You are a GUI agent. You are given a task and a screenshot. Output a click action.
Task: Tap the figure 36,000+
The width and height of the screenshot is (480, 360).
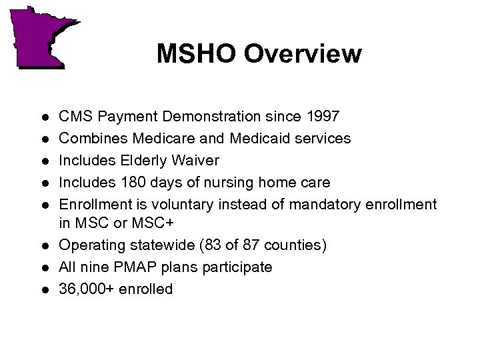point(88,289)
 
